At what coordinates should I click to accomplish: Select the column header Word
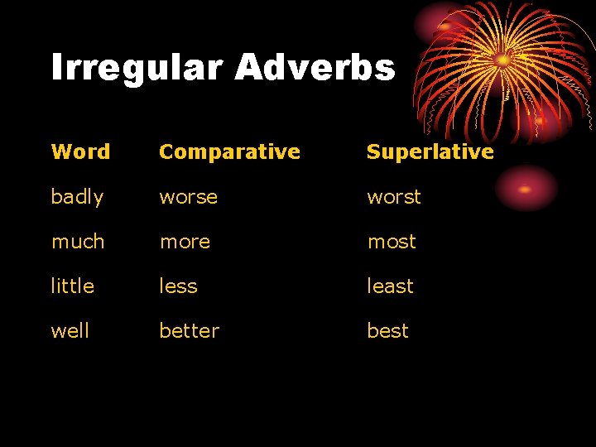[x=80, y=151]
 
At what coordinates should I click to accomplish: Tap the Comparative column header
[x=229, y=151]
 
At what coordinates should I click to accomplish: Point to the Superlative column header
[x=430, y=151]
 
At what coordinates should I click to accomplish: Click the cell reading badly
[x=77, y=197]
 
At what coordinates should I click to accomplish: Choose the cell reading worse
[x=188, y=197]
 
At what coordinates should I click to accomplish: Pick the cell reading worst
[x=394, y=197]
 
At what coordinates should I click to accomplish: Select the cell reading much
[x=78, y=242]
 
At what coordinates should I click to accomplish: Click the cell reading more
[x=185, y=242]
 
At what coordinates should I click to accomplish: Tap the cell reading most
[x=392, y=242]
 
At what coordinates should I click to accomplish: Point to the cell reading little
[x=73, y=286]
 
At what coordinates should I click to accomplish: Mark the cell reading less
[x=178, y=286]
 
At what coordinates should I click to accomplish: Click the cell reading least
[x=390, y=286]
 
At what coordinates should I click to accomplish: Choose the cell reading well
[x=70, y=331]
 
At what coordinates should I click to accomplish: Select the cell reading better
[x=189, y=331]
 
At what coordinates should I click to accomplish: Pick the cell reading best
[x=387, y=331]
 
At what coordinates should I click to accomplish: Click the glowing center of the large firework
[x=502, y=60]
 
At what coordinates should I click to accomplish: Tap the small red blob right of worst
[x=525, y=189]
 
